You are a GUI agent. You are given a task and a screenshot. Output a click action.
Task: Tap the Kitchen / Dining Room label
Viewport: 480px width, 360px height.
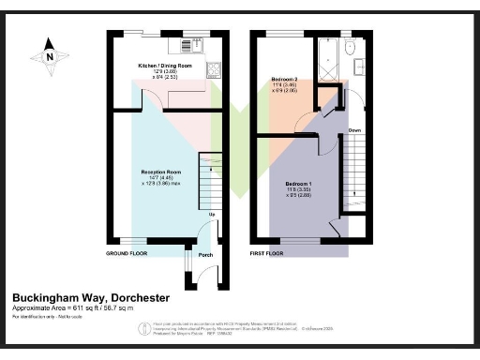coord(158,66)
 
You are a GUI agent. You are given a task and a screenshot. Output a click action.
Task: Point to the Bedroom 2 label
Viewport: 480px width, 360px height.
coord(285,79)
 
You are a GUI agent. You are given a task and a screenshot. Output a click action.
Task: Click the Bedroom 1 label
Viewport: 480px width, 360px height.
coord(299,183)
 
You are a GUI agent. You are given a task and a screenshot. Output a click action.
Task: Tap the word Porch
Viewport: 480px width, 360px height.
coord(205,255)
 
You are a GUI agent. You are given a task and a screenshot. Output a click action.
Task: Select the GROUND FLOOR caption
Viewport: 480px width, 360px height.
coord(127,254)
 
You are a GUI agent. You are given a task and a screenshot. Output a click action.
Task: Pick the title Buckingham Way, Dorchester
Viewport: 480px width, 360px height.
coord(92,297)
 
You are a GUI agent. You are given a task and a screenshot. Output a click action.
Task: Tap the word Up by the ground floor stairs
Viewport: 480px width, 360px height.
coord(212,215)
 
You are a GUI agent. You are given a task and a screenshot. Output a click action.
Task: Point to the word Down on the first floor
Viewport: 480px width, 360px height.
coord(354,129)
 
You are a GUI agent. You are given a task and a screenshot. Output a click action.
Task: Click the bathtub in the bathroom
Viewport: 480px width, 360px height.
coord(327,59)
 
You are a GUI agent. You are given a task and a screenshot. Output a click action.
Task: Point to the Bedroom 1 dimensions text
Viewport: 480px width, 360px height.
coord(299,194)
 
